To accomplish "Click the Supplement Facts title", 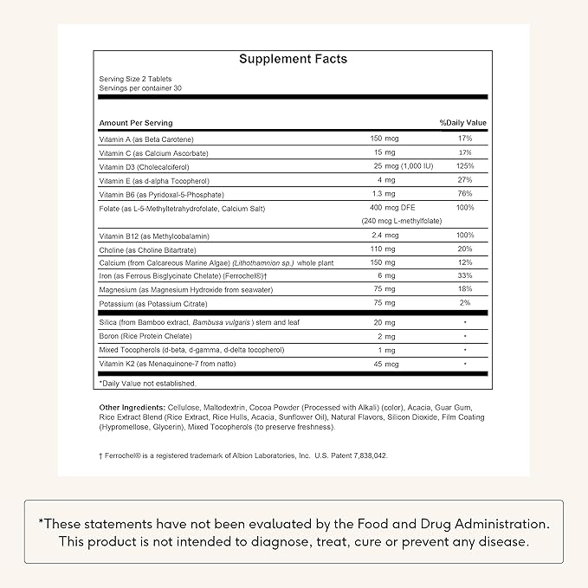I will click(x=293, y=59).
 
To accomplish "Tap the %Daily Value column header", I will click(x=463, y=123).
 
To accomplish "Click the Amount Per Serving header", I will click(x=136, y=123).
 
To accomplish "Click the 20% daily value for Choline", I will click(x=466, y=249).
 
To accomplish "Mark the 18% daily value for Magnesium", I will click(x=466, y=290).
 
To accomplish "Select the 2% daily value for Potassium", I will click(x=466, y=304).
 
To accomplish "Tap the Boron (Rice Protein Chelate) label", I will click(x=146, y=336).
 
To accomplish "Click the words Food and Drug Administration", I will click(x=445, y=523).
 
